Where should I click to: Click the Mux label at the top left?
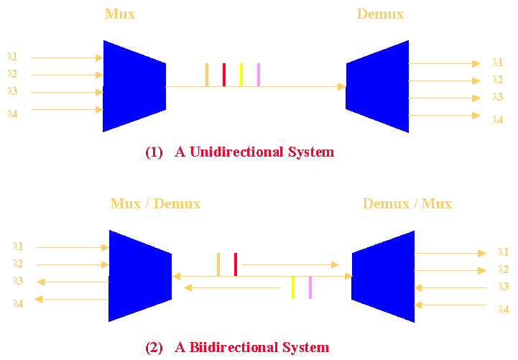(119, 14)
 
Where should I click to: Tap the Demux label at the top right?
(380, 14)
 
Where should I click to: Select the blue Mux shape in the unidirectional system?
(134, 86)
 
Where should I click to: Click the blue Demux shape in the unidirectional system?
(378, 86)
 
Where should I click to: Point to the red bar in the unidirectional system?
(224, 75)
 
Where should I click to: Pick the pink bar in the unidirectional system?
(259, 75)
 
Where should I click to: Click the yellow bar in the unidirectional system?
(241, 75)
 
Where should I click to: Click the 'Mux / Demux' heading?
(155, 204)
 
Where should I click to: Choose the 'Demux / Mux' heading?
(407, 204)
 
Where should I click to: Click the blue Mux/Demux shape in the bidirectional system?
(139, 276)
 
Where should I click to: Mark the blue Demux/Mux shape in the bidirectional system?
(384, 276)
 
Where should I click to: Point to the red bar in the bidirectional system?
(236, 264)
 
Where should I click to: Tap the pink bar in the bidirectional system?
(310, 287)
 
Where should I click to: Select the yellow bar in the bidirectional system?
(293, 287)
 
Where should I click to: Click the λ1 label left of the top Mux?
(13, 57)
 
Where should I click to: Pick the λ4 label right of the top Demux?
(497, 120)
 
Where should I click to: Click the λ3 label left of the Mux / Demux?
(18, 281)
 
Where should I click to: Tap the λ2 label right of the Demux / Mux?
(503, 269)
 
